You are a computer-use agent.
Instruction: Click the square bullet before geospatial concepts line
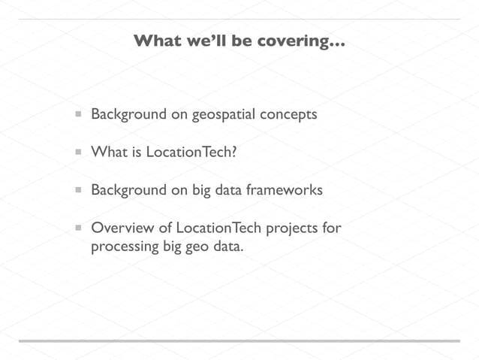tap(78, 115)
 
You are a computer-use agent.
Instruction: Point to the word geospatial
tap(224, 115)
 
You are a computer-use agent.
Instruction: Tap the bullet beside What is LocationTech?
tap(78, 153)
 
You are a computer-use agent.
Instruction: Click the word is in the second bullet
tap(136, 153)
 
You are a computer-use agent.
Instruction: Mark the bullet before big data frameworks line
tap(78, 190)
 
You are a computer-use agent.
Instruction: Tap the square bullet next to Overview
tap(78, 228)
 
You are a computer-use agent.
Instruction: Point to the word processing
tap(125, 247)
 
